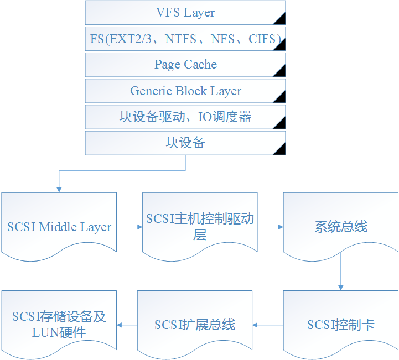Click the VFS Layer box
[x=185, y=13]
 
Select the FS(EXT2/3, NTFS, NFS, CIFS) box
[x=185, y=39]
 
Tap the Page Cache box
[x=185, y=65]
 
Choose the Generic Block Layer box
[x=185, y=91]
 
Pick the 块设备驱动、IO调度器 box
[x=185, y=117]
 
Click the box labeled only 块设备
[x=185, y=143]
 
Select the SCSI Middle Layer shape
[x=59, y=227]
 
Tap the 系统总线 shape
[x=340, y=227]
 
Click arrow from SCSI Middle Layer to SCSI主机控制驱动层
[x=129, y=227]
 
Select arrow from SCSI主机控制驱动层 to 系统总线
[x=270, y=227]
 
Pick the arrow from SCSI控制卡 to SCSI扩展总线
[x=268, y=325]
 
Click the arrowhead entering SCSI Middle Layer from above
[x=59, y=189]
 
